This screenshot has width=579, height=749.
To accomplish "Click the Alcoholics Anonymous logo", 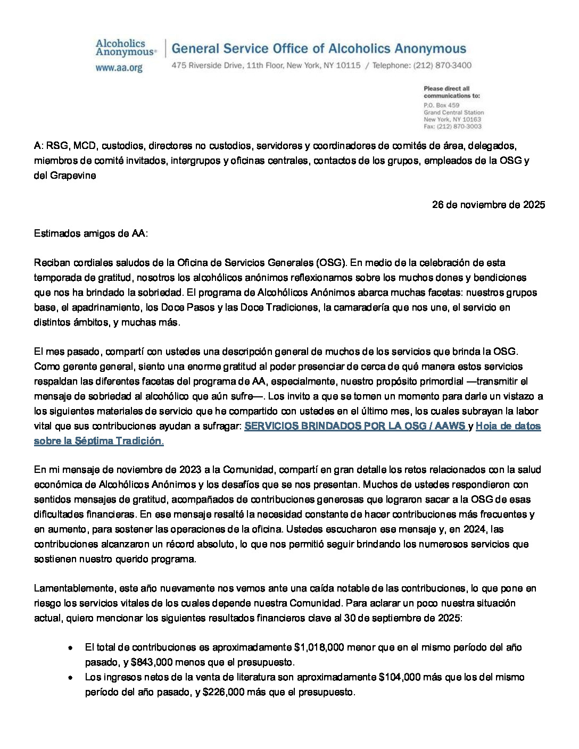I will [x=126, y=48].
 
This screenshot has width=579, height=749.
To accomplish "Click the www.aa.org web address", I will [x=119, y=68].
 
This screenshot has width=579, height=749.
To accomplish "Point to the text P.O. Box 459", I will [x=441, y=105].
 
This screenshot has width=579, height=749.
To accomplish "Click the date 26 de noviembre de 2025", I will [x=488, y=205].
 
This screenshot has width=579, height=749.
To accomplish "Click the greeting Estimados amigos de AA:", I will [x=91, y=233].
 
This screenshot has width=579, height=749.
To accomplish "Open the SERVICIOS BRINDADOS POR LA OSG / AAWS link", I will [x=355, y=426].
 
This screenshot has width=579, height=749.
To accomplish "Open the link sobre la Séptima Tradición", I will [x=98, y=441].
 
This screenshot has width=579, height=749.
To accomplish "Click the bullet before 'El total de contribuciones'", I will [x=70, y=648].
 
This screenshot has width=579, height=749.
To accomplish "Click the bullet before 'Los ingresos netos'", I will [x=70, y=678].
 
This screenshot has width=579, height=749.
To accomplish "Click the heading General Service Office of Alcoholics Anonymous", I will [x=319, y=49].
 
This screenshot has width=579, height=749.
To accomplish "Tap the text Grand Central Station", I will [x=453, y=113].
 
